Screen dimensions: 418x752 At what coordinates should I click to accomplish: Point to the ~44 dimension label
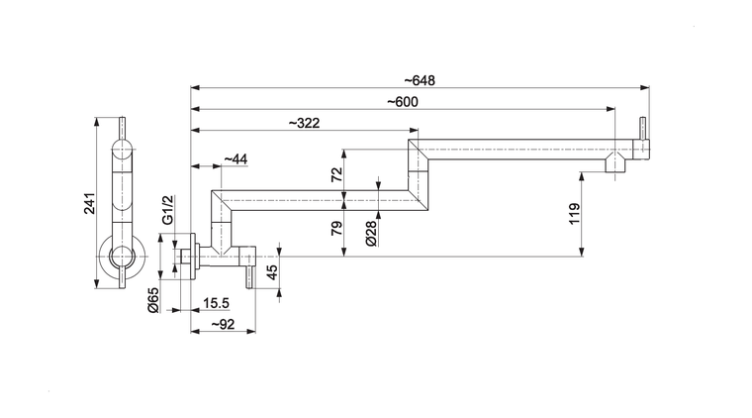tap(235, 158)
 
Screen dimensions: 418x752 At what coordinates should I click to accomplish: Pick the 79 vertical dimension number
tap(336, 228)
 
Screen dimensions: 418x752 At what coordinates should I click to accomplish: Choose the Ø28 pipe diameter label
tap(369, 233)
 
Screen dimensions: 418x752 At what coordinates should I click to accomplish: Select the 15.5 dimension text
tap(217, 302)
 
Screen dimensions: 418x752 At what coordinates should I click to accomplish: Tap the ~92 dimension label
tap(222, 323)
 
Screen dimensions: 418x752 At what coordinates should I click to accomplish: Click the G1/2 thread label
tap(167, 209)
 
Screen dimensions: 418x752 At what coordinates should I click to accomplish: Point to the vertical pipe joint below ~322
tap(418, 178)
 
